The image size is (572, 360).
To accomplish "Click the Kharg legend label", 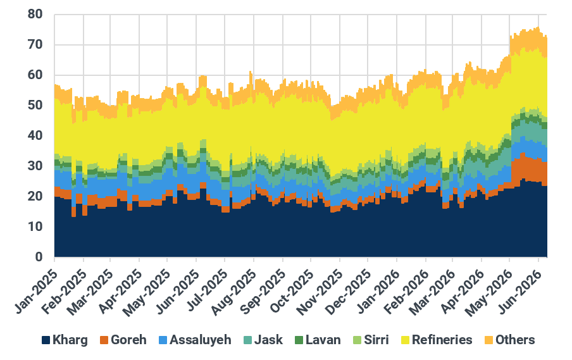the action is [70, 340].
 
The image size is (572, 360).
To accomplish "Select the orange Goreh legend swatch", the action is [104, 340].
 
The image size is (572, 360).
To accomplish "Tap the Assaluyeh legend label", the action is [201, 340].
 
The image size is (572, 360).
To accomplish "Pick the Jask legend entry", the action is [263, 340].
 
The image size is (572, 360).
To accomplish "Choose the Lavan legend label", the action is [323, 340].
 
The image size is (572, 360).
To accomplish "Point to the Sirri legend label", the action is [376, 340].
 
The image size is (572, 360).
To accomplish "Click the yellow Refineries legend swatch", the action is [406, 340].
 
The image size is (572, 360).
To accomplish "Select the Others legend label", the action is [514, 340].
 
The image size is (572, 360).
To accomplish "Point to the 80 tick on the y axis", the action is [35, 14].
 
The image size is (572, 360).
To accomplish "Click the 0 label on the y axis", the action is [39, 257].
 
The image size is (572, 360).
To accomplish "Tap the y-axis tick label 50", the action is [35, 106].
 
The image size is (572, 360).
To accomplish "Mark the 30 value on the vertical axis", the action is [35, 166].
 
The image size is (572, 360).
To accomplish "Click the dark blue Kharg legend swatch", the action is [46, 340].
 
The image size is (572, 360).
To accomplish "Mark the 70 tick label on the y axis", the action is [35, 44].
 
